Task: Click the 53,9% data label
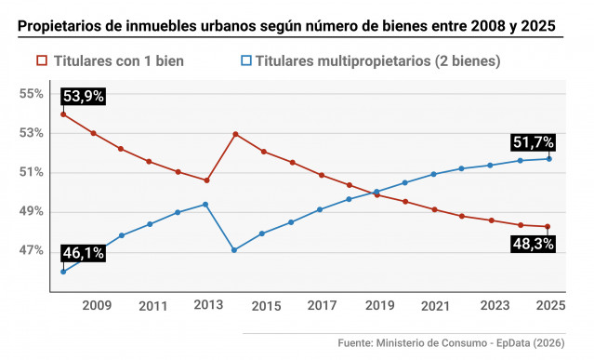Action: pos(83,96)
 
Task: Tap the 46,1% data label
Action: pos(83,253)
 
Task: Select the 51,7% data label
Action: pos(533,142)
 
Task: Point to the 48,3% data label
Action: pos(533,244)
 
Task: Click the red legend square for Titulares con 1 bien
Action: pos(41,61)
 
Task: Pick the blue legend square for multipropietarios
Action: pos(246,61)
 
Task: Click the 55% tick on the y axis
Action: pos(33,94)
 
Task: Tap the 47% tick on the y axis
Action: pos(33,250)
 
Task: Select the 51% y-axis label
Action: pos(33,172)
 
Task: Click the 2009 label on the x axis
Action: pos(97,305)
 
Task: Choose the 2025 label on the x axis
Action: pos(550,305)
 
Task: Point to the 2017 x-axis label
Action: pos(323,305)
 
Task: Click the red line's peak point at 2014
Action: pos(235,134)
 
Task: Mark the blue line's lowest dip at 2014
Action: pos(235,249)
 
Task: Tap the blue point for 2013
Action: pos(205,205)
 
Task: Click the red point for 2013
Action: pos(205,180)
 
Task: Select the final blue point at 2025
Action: pos(549,158)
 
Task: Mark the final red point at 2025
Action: pos(549,226)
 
